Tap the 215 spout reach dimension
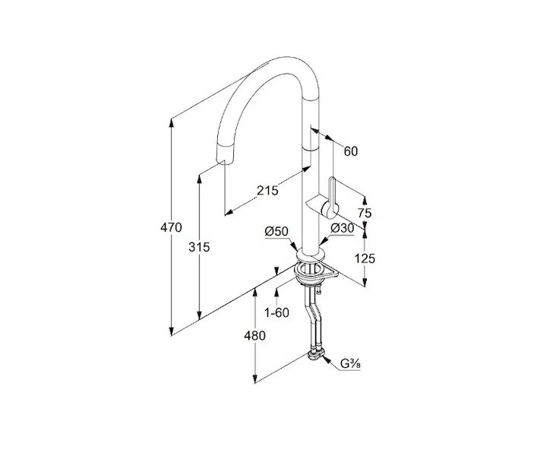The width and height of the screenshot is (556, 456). [267, 191]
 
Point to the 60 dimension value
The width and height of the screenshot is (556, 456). [350, 151]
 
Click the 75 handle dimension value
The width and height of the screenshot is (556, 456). [365, 214]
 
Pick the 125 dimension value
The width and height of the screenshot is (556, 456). [365, 258]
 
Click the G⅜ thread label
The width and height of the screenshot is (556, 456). [350, 363]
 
